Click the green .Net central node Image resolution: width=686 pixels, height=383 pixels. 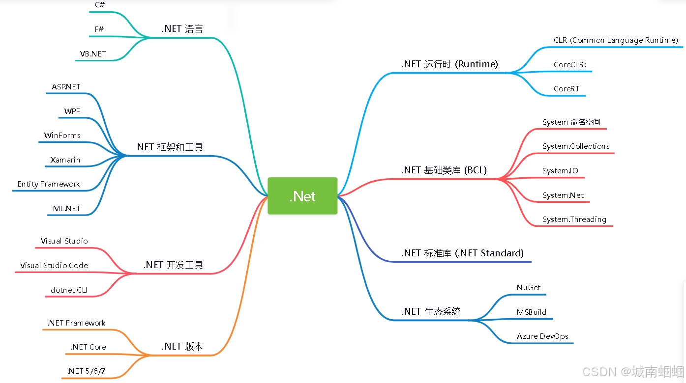[x=302, y=196]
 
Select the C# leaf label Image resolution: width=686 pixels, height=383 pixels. [x=99, y=5]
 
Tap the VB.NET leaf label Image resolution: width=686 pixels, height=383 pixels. [x=93, y=54]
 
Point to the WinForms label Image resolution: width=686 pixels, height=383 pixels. [x=62, y=136]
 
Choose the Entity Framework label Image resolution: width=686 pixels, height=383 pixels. [x=49, y=184]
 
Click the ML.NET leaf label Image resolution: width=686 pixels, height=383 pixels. [x=67, y=209]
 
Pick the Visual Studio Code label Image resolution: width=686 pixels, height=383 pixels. [x=54, y=266]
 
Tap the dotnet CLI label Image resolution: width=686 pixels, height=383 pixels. [x=69, y=290]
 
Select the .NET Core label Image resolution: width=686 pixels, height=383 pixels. [x=89, y=347]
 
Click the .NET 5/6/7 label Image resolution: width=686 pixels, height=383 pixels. [x=87, y=371]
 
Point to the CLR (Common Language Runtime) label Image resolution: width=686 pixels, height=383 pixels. [x=616, y=40]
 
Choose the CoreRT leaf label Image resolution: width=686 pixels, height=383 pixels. [x=567, y=89]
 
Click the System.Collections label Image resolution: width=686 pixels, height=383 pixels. [x=576, y=146]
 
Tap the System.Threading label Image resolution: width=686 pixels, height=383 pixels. [x=574, y=219]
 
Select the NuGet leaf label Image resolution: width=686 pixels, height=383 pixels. [x=529, y=288]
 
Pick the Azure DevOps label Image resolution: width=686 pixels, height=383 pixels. [x=542, y=336]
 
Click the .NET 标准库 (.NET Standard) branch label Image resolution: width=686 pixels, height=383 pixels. [x=462, y=253]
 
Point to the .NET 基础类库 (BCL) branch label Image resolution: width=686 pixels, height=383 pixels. [x=444, y=170]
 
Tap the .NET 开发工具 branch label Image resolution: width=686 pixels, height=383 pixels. [x=173, y=265]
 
